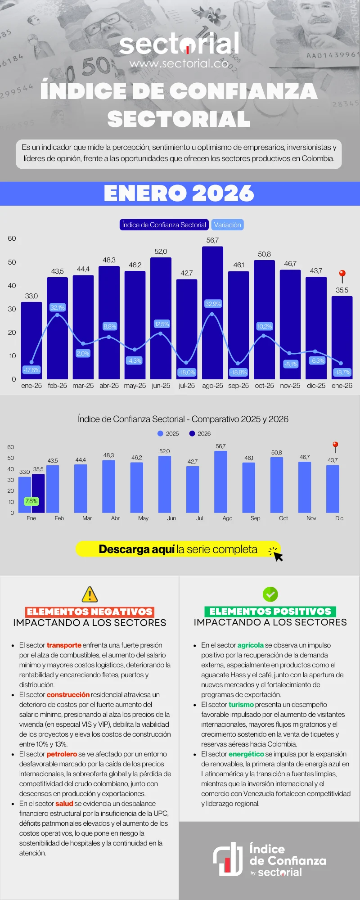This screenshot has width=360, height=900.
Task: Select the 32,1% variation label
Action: click(58, 307)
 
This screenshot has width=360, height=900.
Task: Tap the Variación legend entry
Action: click(227, 225)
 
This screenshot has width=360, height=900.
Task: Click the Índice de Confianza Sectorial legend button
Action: click(164, 225)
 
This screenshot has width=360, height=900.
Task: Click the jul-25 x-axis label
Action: click(187, 386)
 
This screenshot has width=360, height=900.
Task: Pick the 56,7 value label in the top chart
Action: click(212, 240)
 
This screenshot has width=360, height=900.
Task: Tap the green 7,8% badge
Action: click(31, 501)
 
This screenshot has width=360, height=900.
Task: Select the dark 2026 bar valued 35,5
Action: click(38, 493)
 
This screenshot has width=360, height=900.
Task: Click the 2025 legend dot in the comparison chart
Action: click(160, 433)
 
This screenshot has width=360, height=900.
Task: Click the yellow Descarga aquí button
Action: click(178, 549)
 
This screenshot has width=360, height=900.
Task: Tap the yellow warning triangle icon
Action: click(90, 594)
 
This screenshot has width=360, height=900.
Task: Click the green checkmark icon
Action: click(270, 594)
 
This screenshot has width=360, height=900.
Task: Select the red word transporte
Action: click(64, 645)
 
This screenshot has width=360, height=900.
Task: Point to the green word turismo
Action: click(241, 705)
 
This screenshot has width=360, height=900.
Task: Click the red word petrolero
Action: click(62, 754)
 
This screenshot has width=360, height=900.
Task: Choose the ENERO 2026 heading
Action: click(179, 193)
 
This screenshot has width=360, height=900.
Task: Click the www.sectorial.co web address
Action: click(179, 63)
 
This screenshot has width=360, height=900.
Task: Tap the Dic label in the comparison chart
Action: click(339, 518)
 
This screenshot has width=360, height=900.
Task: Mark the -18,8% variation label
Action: click(238, 372)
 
